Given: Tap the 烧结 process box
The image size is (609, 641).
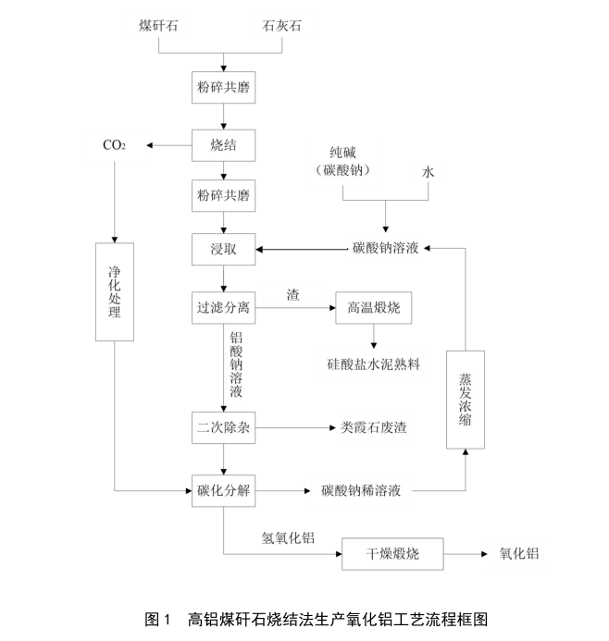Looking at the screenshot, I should tap(223, 145).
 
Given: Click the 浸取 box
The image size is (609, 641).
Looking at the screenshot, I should tap(223, 248).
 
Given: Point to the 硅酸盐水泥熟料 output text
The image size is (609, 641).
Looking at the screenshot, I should tap(374, 364).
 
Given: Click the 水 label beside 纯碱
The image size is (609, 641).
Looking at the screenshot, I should tap(428, 171).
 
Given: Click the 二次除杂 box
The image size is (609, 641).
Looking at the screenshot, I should tap(223, 428).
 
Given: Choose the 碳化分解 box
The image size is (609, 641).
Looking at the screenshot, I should tap(223, 490).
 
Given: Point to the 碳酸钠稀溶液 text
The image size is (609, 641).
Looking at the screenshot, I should tap(360, 490).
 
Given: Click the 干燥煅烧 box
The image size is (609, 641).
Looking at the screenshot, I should tap(392, 554).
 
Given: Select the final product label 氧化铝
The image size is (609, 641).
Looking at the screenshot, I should tap(519, 554).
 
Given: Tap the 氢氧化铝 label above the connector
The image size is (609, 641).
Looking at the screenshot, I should tap(290, 536).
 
